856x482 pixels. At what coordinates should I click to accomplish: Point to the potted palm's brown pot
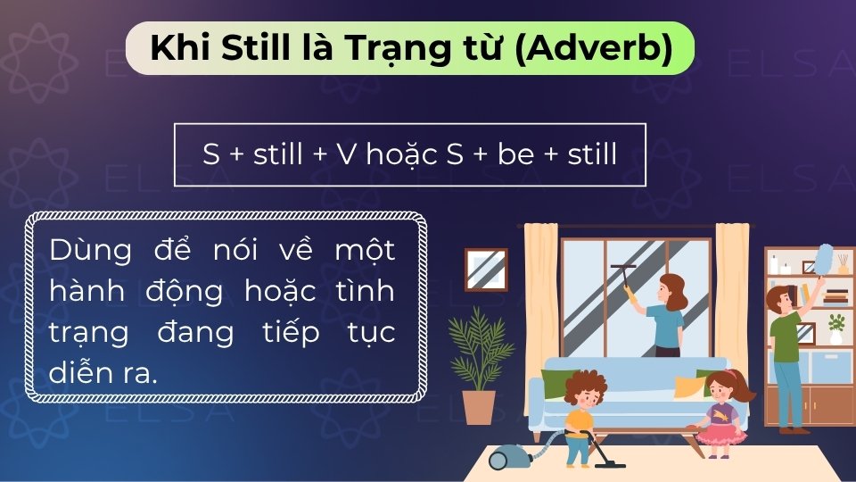tap(479, 406)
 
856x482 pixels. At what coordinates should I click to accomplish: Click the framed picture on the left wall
tap(486, 269)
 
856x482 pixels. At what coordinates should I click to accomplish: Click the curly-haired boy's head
tap(585, 388)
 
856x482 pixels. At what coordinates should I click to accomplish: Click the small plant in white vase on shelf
tap(835, 328)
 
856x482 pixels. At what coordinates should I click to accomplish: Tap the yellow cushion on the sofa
tap(689, 386)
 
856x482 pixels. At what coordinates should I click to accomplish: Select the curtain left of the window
tap(540, 295)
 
